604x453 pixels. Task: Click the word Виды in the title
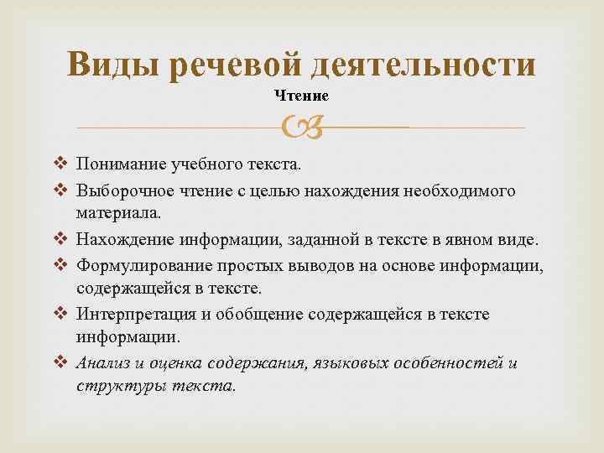click(x=114, y=66)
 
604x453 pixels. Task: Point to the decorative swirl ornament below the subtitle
click(x=301, y=128)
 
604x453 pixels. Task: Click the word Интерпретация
click(x=131, y=315)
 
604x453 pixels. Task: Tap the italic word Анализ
click(x=102, y=363)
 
